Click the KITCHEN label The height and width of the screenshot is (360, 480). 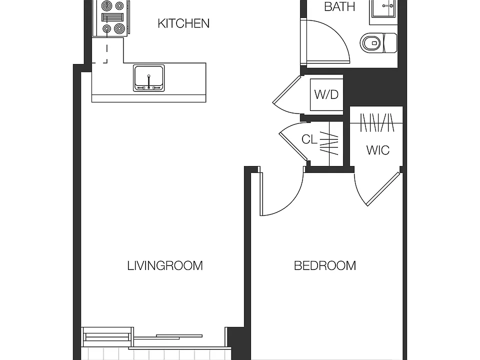(x=183, y=23)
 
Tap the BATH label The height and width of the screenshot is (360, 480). (x=339, y=6)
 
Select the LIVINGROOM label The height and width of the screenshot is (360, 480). (x=165, y=265)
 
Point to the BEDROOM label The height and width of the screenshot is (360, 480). (x=325, y=265)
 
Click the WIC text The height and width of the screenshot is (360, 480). (x=378, y=150)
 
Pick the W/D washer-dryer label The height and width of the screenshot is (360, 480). (x=326, y=94)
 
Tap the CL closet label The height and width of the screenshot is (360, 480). (x=309, y=139)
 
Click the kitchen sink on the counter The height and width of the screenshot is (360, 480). (x=149, y=78)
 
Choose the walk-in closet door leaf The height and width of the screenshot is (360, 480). (x=383, y=189)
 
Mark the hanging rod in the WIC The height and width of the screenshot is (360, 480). (x=376, y=123)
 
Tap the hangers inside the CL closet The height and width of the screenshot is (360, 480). (x=329, y=143)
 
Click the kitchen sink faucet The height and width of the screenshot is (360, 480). (x=149, y=81)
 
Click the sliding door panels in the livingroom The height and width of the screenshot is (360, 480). (x=168, y=337)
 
